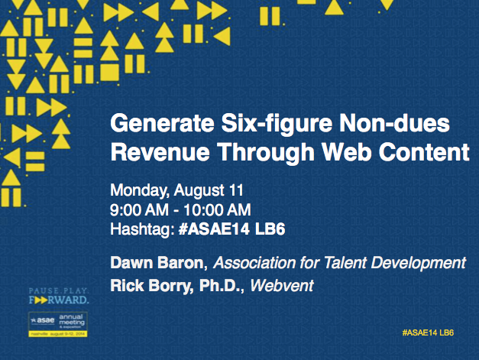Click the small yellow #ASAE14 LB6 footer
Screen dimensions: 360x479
(x=427, y=332)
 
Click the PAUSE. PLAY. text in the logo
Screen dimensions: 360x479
(x=58, y=291)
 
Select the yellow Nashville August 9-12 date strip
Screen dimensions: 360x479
(x=59, y=334)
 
